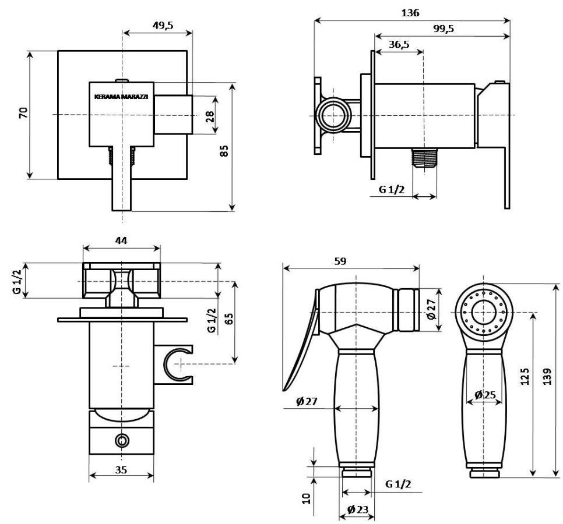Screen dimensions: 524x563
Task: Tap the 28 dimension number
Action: tap(210, 115)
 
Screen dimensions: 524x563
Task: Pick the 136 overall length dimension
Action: tap(412, 12)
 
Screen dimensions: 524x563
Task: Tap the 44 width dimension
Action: tap(121, 240)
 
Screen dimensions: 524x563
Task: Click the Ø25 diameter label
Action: tap(484, 395)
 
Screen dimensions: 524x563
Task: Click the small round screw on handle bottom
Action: tap(121, 440)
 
